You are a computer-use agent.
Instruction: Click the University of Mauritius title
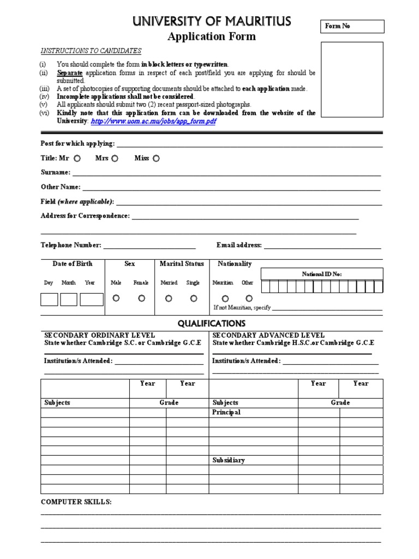[211, 22]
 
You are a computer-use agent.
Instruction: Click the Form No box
[352, 26]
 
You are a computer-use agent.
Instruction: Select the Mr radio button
[77, 158]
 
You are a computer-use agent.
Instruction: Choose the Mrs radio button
[115, 158]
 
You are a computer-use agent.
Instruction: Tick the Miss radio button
[156, 158]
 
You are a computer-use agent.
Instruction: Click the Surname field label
[55, 173]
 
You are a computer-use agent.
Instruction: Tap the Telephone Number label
[71, 246]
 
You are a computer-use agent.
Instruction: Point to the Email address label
[239, 246]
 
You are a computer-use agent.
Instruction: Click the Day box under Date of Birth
[49, 299]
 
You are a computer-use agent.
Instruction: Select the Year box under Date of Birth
[91, 299]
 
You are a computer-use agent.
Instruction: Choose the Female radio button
[141, 298]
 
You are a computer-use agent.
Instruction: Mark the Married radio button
[169, 298]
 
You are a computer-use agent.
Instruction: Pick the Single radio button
[193, 298]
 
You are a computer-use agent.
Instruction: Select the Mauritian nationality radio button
[225, 299]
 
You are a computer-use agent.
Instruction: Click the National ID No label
[322, 274]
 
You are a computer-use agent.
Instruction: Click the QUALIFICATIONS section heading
[212, 324]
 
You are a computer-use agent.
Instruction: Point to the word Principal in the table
[226, 413]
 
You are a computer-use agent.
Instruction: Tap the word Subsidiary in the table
[228, 460]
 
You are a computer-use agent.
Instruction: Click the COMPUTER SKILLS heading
[76, 502]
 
